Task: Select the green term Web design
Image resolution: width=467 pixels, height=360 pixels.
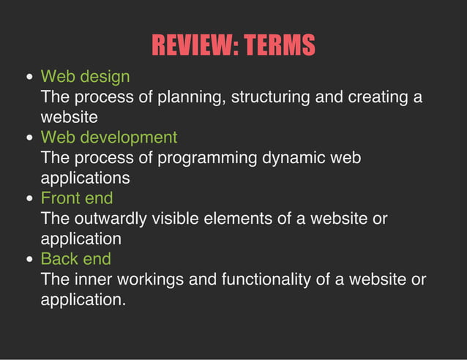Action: coord(85,76)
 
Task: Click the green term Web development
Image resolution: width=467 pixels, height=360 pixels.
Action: coord(108,137)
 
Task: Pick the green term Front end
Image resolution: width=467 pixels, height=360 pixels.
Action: coord(76,198)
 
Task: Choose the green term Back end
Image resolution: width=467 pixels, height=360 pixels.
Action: coord(75,258)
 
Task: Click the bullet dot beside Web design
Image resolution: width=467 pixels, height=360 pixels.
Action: coord(29,77)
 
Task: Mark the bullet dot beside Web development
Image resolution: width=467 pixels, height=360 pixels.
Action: coord(29,138)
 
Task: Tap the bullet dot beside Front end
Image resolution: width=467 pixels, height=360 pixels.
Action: coord(29,198)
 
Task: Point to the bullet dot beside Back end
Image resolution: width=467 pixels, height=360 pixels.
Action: coord(29,259)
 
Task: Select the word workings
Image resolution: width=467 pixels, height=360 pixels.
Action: coord(152,279)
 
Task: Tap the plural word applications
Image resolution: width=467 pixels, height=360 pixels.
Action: coord(85,178)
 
